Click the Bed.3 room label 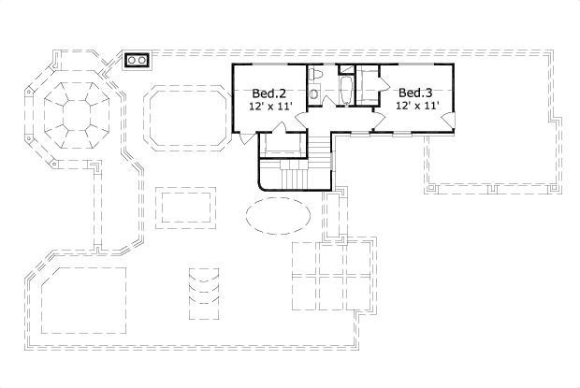pos(414,93)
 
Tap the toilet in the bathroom pos(315,74)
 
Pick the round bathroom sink pos(315,93)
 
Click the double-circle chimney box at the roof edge pos(138,61)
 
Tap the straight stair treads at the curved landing pos(295,176)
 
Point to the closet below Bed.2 pos(282,146)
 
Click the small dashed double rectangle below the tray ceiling pos(187,207)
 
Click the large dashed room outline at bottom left pos(82,299)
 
